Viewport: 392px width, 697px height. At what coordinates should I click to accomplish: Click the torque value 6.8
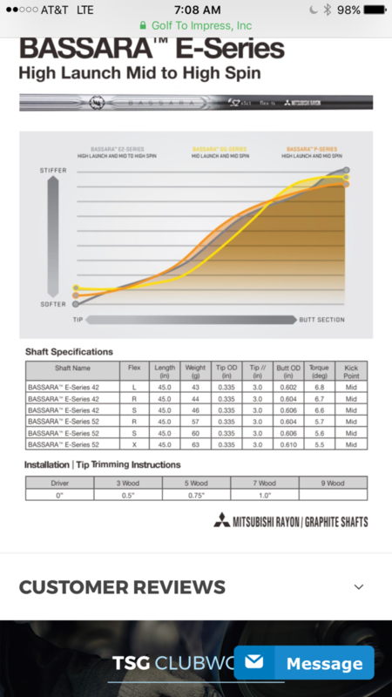click(x=319, y=386)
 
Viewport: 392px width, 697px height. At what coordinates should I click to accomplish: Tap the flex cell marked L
click(x=133, y=386)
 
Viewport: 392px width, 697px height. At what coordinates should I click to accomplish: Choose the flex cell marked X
click(x=133, y=444)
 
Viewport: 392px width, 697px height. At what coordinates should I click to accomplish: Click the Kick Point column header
click(x=350, y=370)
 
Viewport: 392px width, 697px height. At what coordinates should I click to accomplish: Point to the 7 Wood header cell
click(x=264, y=483)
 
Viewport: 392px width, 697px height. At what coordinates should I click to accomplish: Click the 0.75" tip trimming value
click(x=195, y=495)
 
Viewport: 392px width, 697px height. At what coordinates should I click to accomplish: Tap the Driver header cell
click(x=59, y=483)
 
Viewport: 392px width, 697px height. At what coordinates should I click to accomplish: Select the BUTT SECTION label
click(x=321, y=320)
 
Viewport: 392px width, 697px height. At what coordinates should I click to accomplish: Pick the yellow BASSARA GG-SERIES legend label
click(x=216, y=151)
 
